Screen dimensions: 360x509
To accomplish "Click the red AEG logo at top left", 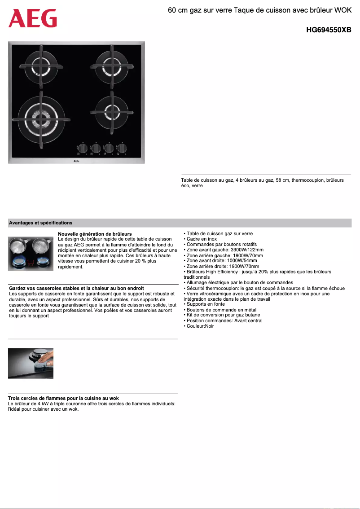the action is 33,18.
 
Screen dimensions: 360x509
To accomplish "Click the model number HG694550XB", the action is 328,30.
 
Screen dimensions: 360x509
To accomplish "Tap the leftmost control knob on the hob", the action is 83,148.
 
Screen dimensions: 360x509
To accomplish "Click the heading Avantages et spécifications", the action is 41,223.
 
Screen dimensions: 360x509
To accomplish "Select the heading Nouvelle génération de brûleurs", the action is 95,234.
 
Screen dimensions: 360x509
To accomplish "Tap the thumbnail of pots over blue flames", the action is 31,254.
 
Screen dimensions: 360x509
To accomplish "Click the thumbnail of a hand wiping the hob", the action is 31,363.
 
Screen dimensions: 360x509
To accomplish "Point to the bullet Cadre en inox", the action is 202,239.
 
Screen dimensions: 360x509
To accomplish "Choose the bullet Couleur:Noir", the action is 200,326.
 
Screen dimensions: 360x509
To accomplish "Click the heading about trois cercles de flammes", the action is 63,398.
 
